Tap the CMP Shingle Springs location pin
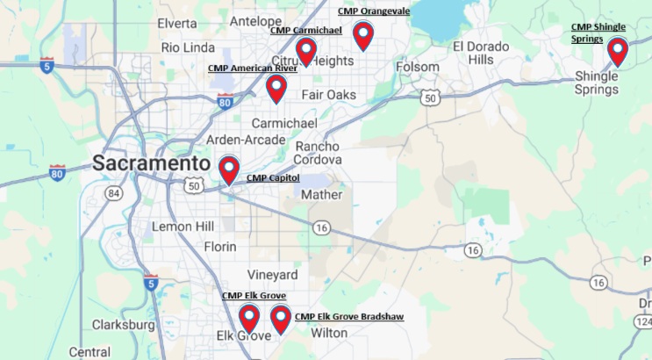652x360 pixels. tap(618, 51)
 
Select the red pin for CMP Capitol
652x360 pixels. tap(229, 169)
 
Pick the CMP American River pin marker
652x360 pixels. tap(276, 88)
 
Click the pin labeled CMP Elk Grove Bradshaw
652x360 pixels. tap(281, 319)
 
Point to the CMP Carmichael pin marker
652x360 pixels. tap(305, 51)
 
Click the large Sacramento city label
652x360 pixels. tap(151, 163)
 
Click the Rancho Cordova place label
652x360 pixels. tap(319, 153)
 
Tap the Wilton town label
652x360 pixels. tap(329, 333)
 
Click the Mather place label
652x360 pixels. tap(322, 195)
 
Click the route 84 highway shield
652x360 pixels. tap(113, 192)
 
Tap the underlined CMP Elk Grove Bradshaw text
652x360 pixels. tap(349, 316)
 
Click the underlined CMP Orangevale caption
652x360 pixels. tap(373, 11)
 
